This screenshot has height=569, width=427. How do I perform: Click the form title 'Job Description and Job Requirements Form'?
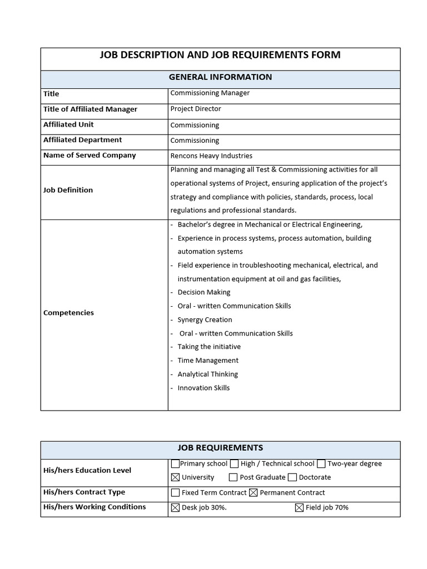[220, 55]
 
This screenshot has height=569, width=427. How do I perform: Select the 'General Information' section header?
[220, 77]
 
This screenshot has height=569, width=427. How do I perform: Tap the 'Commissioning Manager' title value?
[210, 93]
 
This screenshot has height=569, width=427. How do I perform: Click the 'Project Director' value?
[195, 109]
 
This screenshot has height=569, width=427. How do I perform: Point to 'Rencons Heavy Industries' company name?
[211, 156]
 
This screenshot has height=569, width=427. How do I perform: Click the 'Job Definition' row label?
[68, 190]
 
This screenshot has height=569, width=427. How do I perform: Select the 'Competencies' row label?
[68, 313]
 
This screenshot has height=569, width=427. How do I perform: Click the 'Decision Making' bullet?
[203, 292]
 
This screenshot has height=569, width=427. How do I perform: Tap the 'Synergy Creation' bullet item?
[205, 320]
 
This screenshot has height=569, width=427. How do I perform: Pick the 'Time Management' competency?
[207, 361]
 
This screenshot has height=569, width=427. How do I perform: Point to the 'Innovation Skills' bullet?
[203, 388]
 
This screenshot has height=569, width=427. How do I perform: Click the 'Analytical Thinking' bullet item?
[207, 375]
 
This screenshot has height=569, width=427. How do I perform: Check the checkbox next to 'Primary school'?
[176, 464]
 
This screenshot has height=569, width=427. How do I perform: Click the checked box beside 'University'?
[176, 477]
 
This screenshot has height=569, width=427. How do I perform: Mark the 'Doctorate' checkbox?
[292, 477]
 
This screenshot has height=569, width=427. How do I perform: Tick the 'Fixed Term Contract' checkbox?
[176, 493]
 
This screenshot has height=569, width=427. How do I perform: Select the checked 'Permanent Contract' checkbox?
[254, 493]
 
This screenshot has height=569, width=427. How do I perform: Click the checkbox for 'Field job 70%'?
[299, 507]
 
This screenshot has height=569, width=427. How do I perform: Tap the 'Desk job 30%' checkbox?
[176, 507]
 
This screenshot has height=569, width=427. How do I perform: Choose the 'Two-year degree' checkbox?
[321, 464]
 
